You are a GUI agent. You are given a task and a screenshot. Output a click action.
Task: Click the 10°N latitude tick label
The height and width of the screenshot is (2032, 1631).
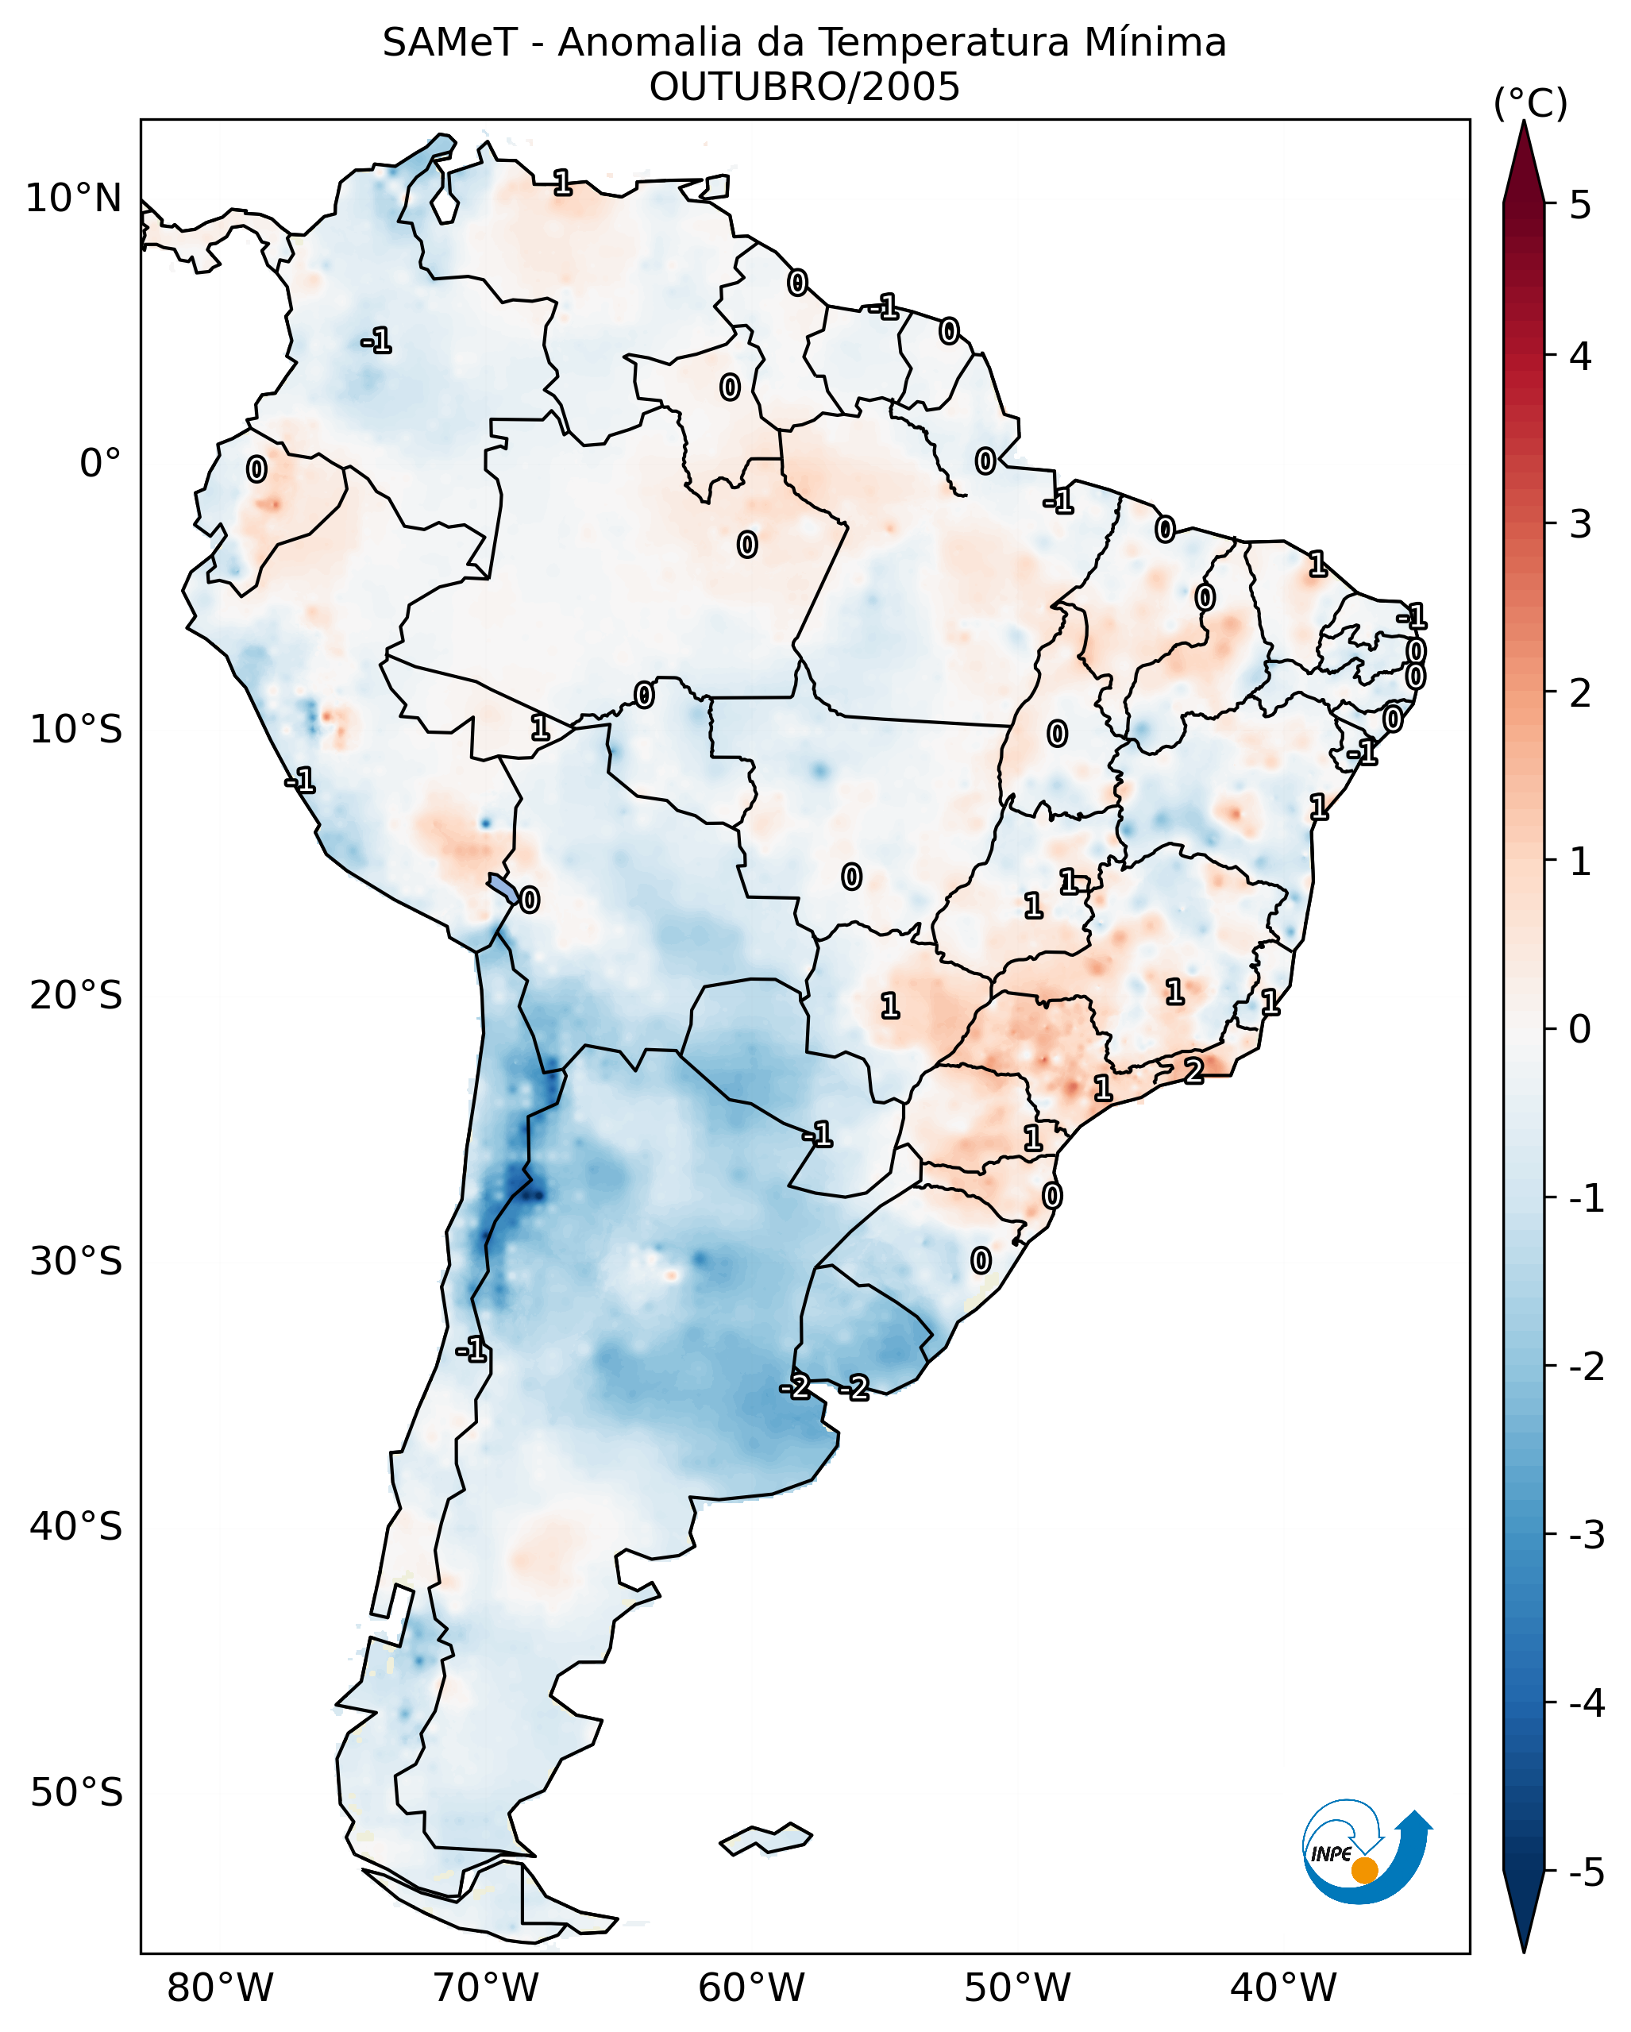[x=74, y=199]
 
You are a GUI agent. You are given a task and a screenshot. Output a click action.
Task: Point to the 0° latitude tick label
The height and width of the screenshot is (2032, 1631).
[x=100, y=464]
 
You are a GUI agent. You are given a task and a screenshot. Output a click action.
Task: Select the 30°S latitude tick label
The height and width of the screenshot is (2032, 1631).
[x=75, y=1261]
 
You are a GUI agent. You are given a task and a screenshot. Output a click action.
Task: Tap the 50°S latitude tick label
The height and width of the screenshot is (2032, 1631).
[x=75, y=1793]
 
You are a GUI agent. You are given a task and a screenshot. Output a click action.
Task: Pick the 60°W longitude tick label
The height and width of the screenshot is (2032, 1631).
[x=751, y=1988]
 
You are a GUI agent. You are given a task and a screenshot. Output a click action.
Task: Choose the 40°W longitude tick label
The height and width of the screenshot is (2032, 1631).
[x=1282, y=1988]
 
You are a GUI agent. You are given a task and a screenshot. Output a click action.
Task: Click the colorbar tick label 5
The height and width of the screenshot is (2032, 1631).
[x=1580, y=205]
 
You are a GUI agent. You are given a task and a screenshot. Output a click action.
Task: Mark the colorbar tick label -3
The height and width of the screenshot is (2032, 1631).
[x=1586, y=1535]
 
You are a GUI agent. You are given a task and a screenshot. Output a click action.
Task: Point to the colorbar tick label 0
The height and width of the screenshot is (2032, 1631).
[x=1580, y=1028]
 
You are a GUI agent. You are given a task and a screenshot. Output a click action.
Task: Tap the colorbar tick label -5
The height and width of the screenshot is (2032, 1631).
[x=1586, y=1872]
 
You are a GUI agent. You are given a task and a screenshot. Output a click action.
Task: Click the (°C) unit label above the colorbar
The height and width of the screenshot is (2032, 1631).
[x=1530, y=104]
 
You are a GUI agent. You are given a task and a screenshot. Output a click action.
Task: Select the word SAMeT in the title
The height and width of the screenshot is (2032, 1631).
[x=449, y=44]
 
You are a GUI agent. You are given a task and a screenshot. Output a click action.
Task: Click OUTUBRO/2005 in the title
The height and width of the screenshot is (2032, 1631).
[x=804, y=87]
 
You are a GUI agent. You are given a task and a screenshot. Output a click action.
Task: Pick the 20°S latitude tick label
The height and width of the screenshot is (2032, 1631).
[x=75, y=995]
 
